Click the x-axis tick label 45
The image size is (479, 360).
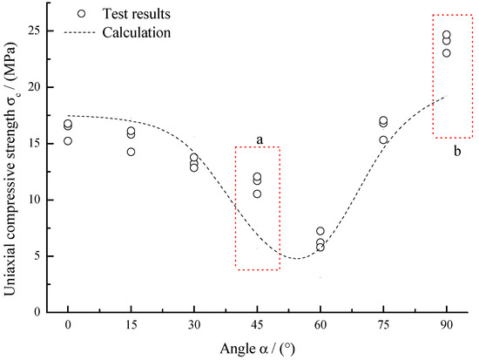257,323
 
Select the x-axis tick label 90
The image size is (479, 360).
446,323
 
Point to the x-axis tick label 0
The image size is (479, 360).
68,323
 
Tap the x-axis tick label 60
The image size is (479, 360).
320,323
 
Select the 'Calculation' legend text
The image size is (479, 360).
135,32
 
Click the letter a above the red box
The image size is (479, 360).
260,139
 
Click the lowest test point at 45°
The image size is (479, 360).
257,194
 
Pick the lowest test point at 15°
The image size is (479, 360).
131,152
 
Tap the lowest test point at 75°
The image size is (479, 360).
383,139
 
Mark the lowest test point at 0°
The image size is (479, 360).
68,140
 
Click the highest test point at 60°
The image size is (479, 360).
320,231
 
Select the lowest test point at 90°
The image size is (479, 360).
446,53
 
